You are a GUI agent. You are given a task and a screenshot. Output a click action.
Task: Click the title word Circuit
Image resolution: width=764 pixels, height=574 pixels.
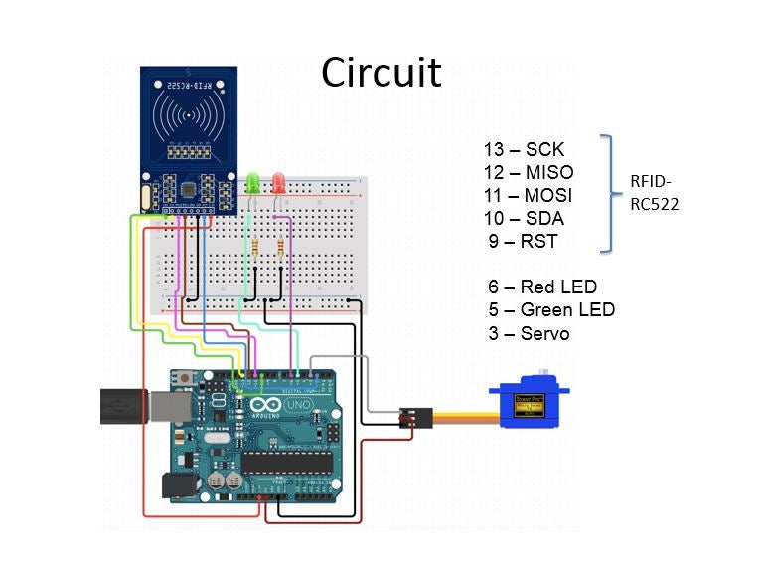(382, 73)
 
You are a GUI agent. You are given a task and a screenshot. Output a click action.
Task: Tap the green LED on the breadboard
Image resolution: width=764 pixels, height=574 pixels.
(253, 183)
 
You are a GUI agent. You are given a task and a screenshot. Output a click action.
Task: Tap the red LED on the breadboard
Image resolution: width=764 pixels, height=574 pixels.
(279, 183)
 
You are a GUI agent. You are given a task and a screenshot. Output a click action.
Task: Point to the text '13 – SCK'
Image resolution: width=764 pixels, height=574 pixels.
(524, 150)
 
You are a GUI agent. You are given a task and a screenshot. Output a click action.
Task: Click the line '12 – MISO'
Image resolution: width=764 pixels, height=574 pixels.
(529, 173)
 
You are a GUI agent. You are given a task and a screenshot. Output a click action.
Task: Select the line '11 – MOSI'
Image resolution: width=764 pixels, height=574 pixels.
(529, 196)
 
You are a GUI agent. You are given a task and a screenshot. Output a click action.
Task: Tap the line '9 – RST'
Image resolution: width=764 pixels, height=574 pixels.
(523, 242)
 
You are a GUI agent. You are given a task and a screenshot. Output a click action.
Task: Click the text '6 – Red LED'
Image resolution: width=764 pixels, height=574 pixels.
(542, 287)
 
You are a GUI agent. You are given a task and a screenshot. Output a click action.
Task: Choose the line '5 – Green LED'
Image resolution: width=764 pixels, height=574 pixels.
(551, 310)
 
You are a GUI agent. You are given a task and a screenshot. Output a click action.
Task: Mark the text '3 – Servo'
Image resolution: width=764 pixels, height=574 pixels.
(529, 334)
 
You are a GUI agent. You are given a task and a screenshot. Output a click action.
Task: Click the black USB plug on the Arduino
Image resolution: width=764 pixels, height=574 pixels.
(123, 406)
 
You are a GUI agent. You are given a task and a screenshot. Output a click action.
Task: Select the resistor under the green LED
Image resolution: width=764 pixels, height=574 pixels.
(257, 247)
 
